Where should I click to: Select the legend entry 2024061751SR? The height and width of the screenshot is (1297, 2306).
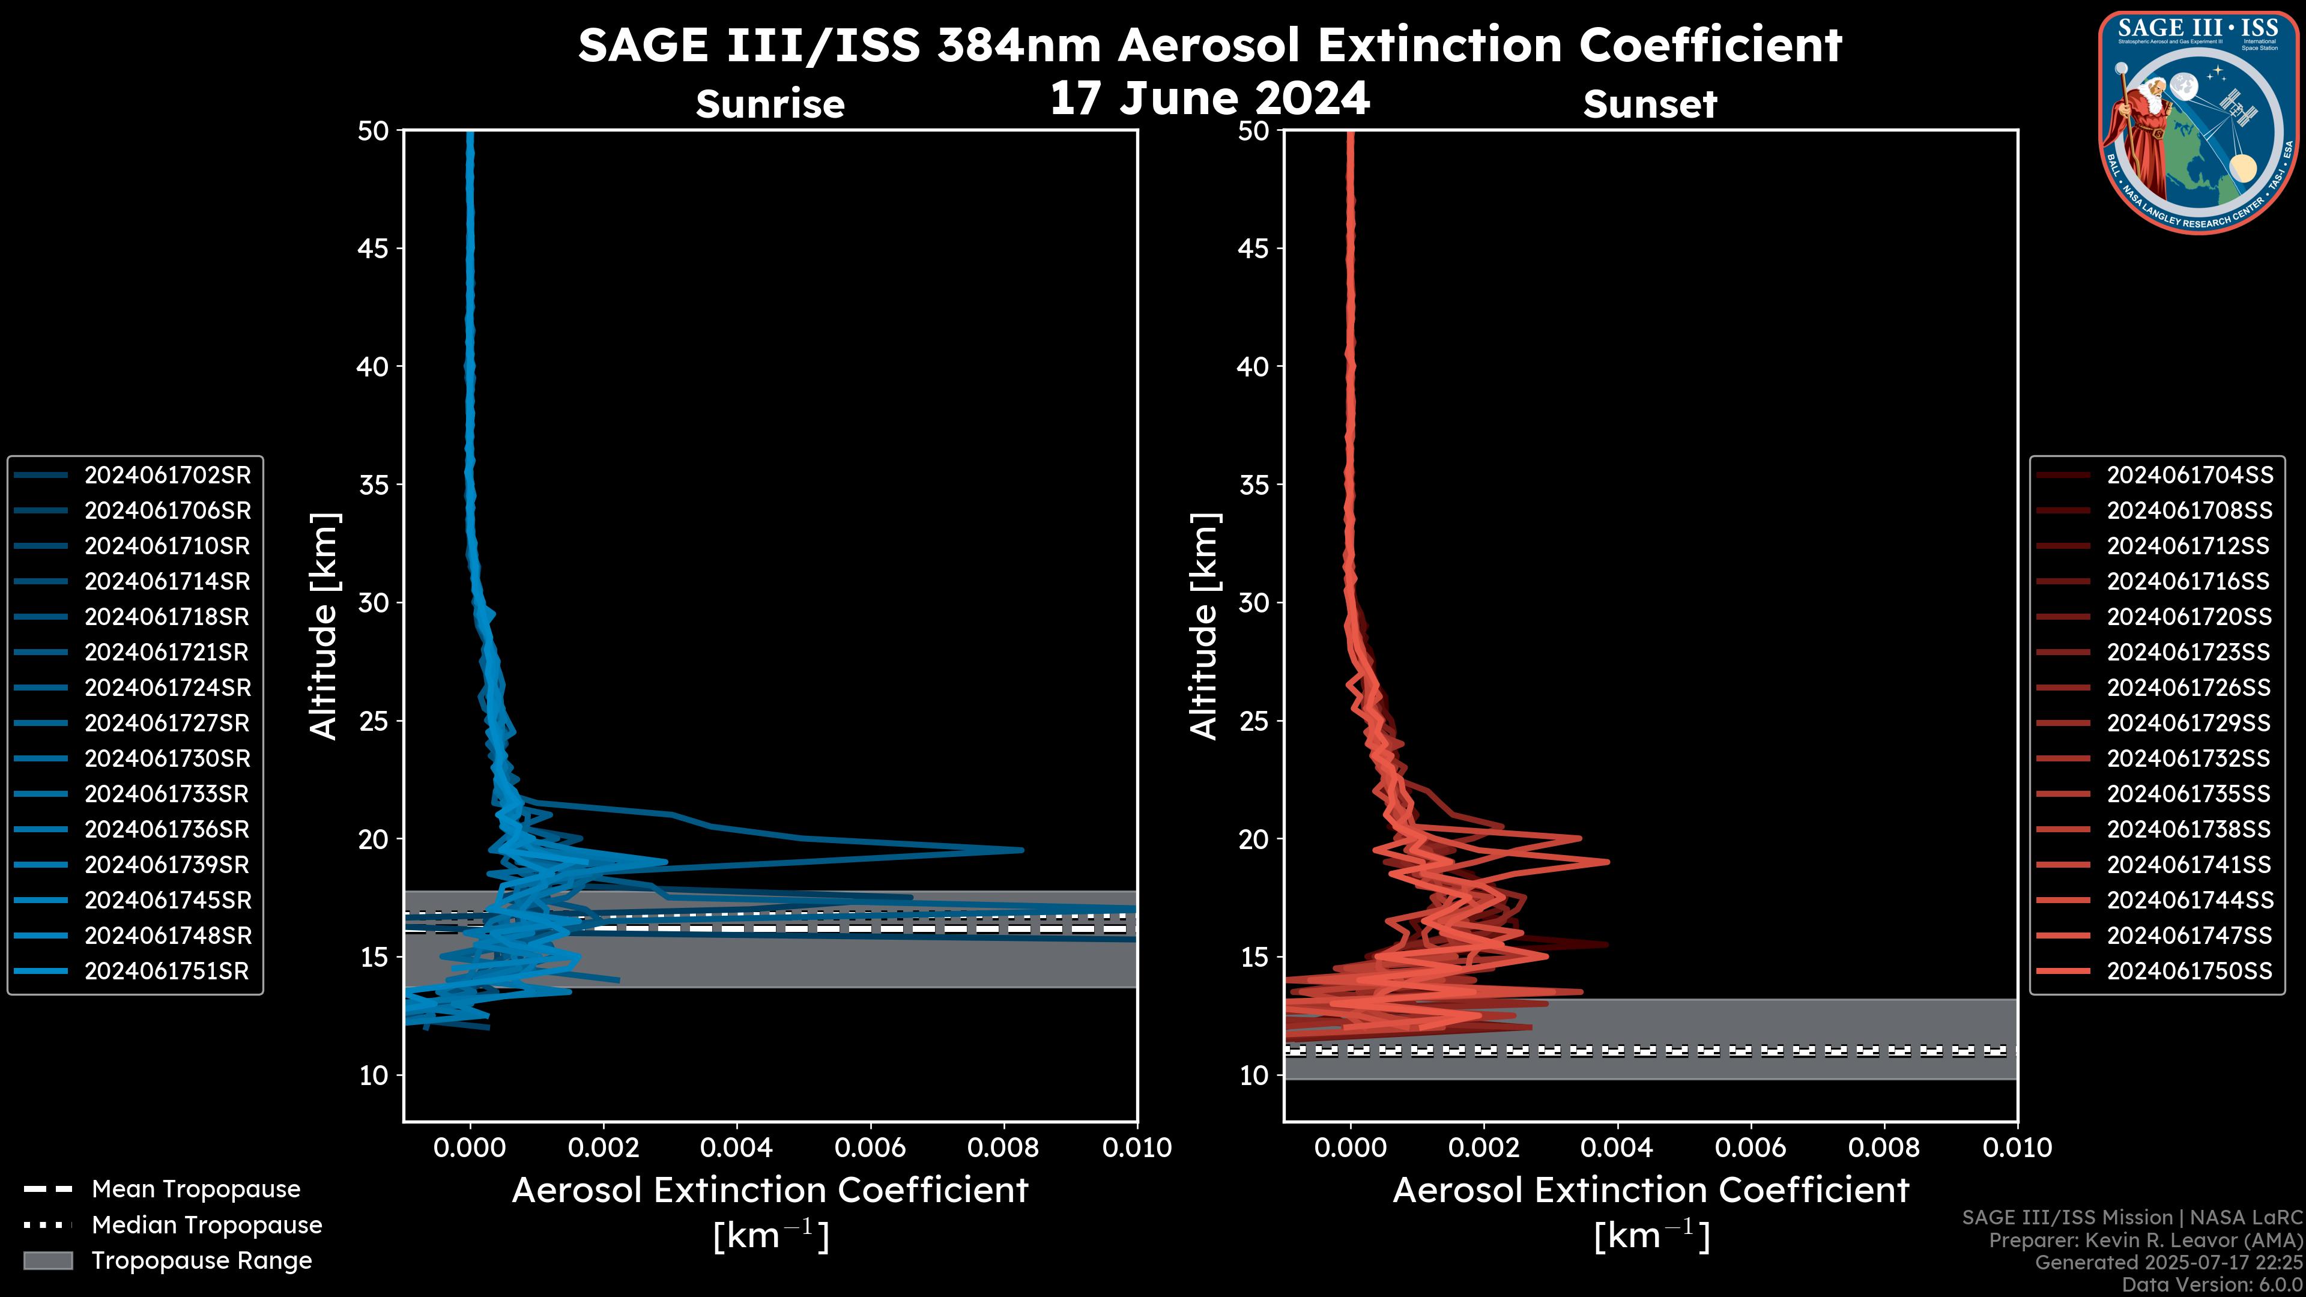[x=166, y=971]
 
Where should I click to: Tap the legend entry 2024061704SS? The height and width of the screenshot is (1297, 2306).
[x=2189, y=476]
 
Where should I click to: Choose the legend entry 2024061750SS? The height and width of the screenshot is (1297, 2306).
[x=2189, y=971]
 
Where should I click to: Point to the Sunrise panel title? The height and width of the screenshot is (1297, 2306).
[x=770, y=104]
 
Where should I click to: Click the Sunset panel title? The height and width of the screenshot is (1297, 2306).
[x=1649, y=104]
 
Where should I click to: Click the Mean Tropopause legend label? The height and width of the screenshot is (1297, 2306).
[x=196, y=1190]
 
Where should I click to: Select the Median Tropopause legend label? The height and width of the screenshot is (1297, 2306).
[x=207, y=1226]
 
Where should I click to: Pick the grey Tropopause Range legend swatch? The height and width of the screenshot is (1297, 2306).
[x=47, y=1261]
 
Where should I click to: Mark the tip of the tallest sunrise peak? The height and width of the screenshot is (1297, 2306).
[x=1021, y=850]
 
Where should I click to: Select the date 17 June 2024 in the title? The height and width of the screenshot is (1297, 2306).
[x=1209, y=98]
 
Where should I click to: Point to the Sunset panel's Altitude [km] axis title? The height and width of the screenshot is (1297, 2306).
[x=1205, y=626]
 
